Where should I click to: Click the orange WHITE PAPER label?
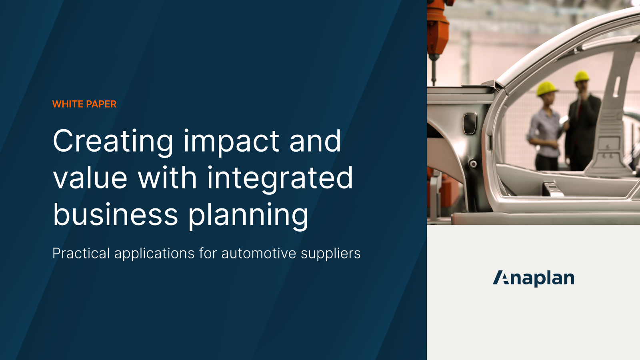[84, 104]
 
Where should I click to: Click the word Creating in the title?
[113, 142]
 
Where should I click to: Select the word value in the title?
[90, 178]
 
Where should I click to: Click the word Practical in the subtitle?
[81, 253]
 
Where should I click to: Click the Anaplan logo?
[534, 278]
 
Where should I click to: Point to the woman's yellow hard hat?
[546, 88]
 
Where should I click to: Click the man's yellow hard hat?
[582, 76]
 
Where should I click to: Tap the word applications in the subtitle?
[154, 254]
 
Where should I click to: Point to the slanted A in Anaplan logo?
[500, 278]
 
